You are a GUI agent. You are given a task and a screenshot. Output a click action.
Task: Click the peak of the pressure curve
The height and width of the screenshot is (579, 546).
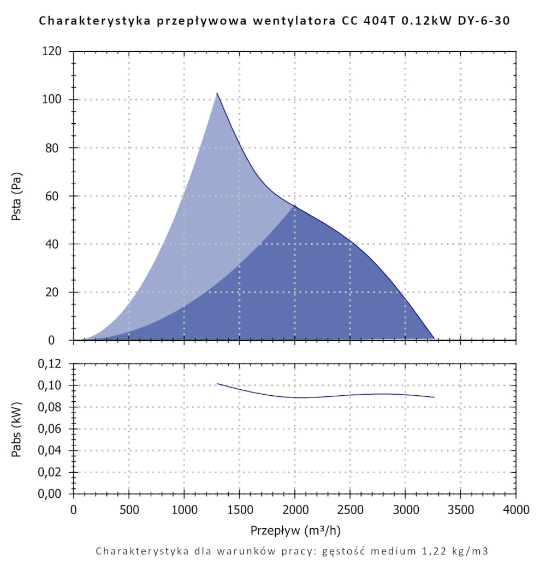click(217, 93)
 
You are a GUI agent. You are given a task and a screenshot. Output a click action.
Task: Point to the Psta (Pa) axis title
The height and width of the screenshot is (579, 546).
click(17, 196)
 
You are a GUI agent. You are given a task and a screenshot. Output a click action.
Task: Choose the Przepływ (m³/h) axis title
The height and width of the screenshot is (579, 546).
click(295, 530)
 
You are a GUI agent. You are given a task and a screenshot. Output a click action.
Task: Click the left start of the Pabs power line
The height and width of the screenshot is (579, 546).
click(217, 384)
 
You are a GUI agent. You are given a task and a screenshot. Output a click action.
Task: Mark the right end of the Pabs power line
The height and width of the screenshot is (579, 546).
click(434, 397)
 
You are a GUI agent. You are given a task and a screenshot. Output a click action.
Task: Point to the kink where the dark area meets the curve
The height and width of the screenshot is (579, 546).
click(295, 205)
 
